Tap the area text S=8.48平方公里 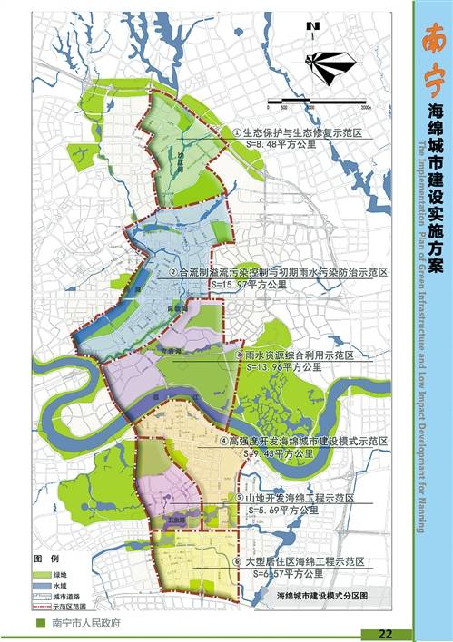[x=271, y=142]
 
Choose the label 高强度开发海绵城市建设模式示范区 [x=309, y=442]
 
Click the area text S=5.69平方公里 [x=282, y=511]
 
